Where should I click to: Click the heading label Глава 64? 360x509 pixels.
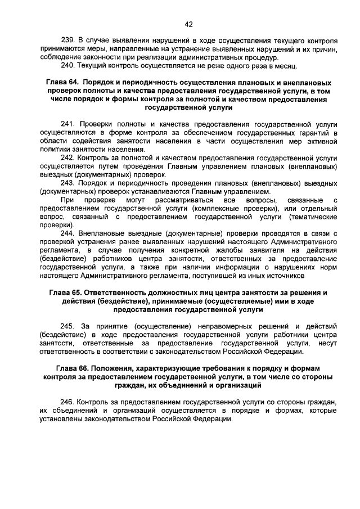pos(62,83)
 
